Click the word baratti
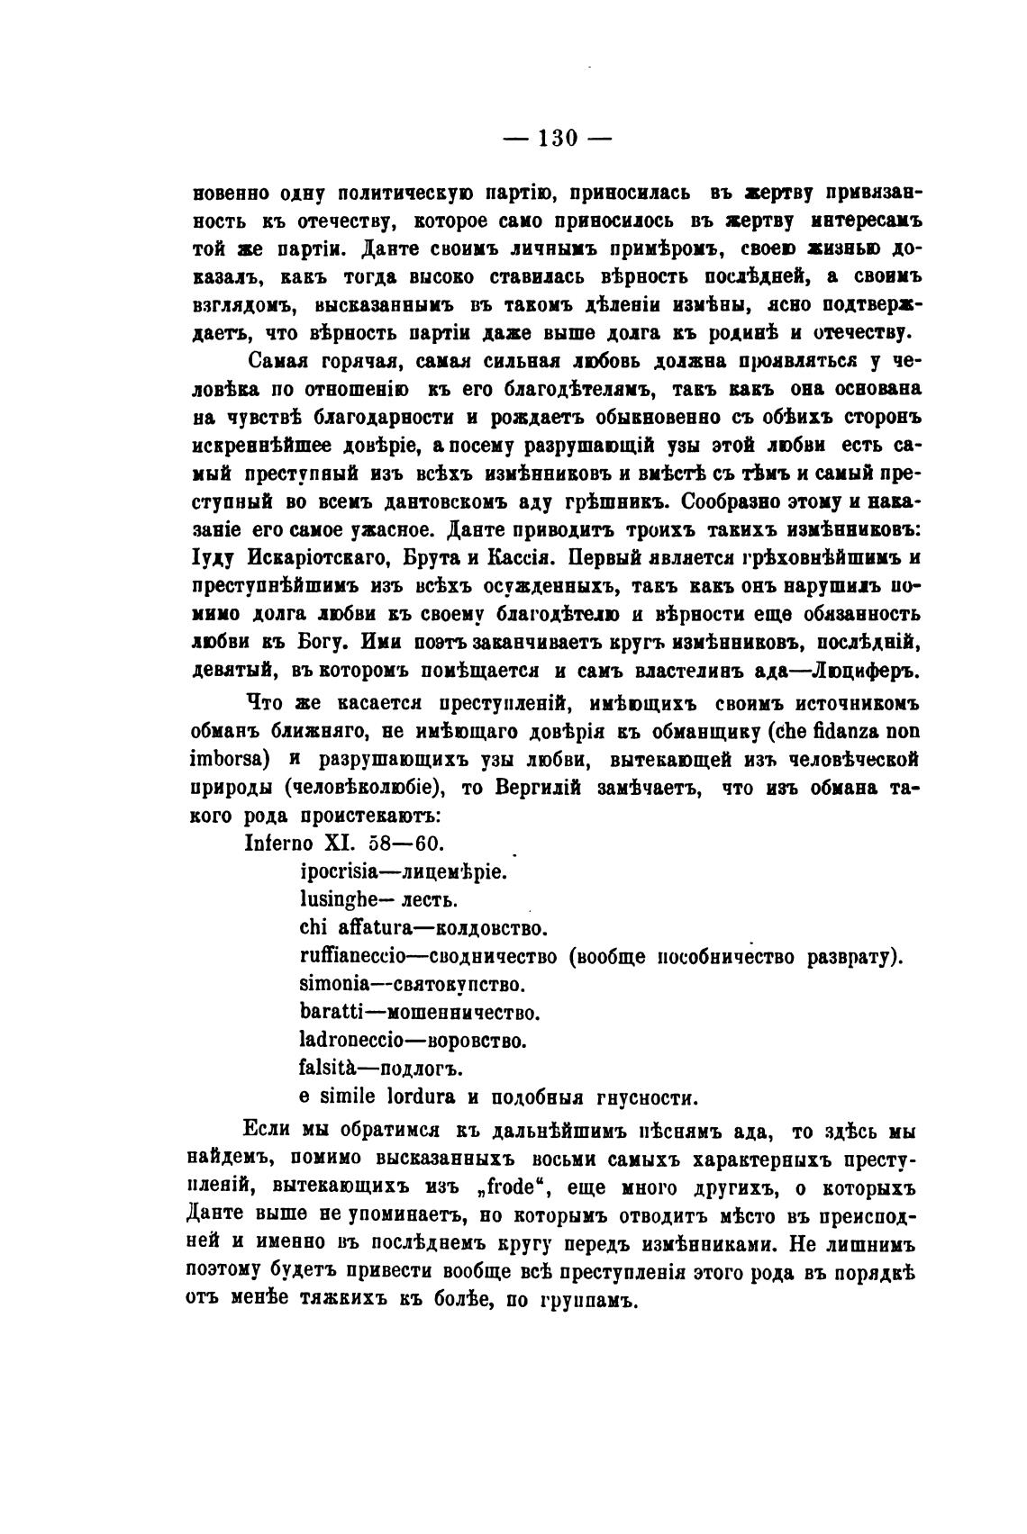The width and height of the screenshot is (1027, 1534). pos(328,1012)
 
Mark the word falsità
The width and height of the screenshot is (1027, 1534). pos(327,1069)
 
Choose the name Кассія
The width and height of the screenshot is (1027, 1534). pos(528,560)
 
